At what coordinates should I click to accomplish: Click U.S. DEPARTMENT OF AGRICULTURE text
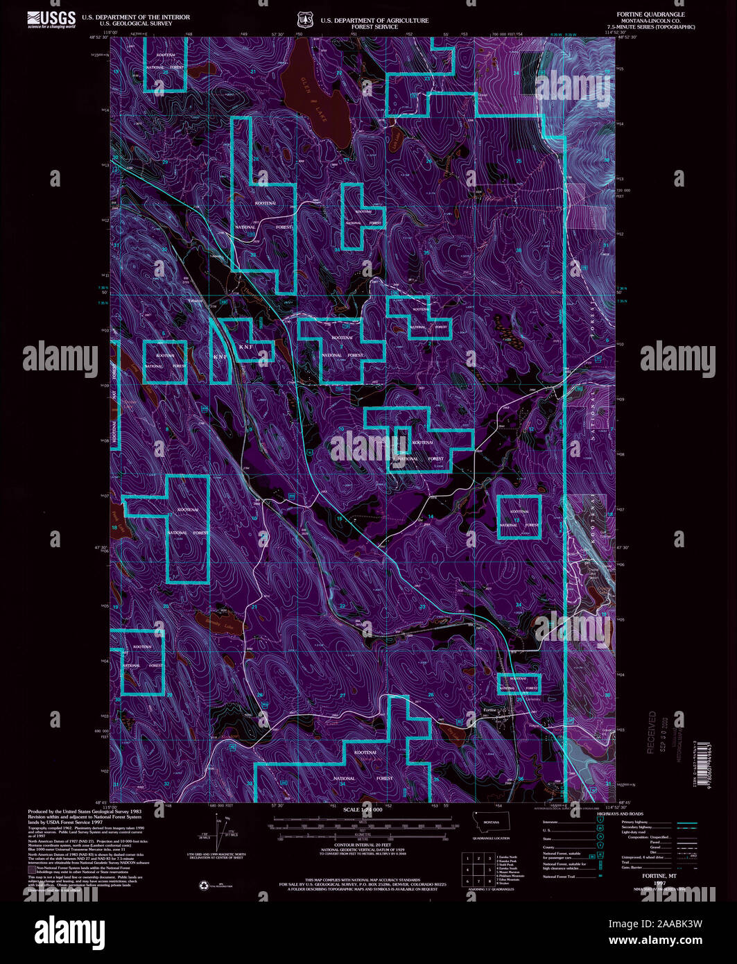(x=374, y=20)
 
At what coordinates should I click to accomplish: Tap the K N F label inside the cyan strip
(x=220, y=356)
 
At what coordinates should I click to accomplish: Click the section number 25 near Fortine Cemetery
(x=519, y=699)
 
